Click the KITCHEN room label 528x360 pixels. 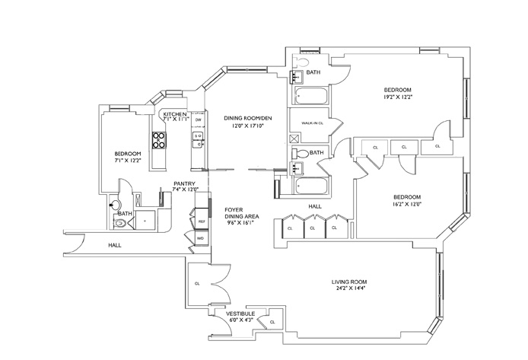[175, 114]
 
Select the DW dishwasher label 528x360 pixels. [198, 120]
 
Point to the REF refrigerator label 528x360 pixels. [202, 221]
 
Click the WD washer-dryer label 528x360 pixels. [201, 238]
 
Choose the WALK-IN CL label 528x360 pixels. [313, 123]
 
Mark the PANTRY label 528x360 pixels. [186, 183]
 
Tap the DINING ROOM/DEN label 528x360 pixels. [247, 118]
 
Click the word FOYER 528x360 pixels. [234, 209]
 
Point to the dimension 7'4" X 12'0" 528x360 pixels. [186, 190]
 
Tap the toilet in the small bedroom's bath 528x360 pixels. [114, 204]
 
